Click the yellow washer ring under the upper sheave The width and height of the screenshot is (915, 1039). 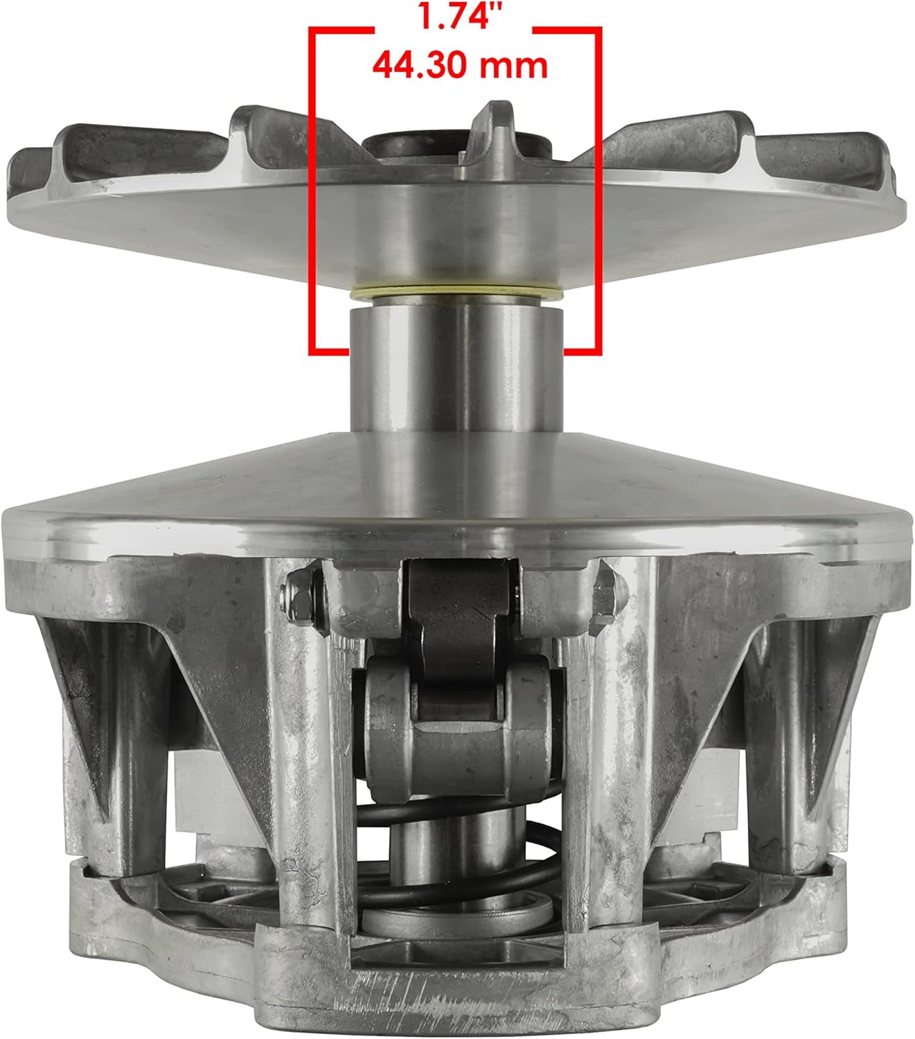coord(456,292)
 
